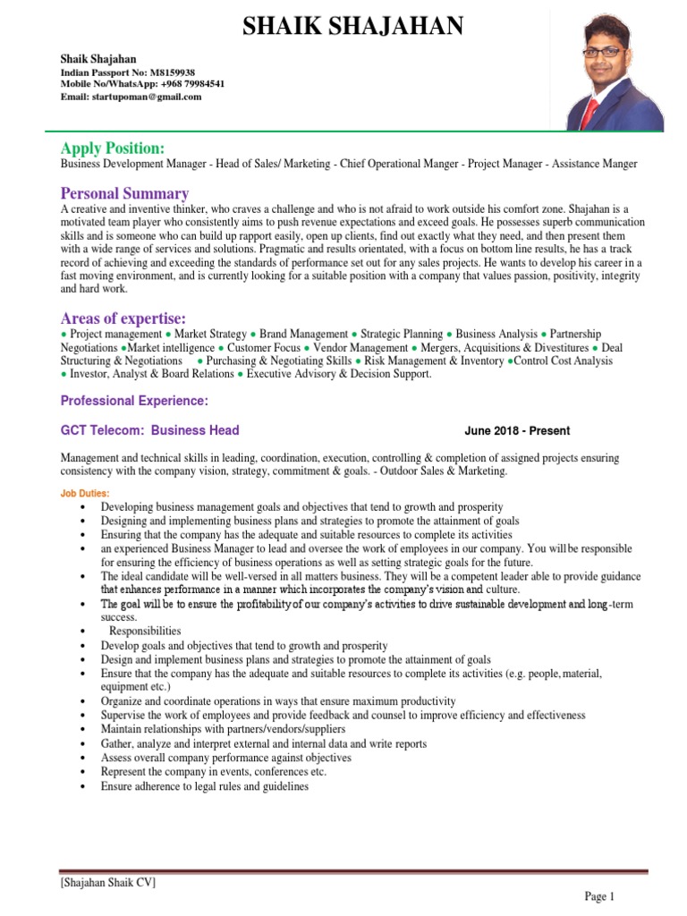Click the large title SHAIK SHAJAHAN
tap(353, 28)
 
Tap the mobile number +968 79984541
tap(192, 84)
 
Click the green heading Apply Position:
tap(112, 148)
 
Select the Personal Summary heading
tap(124, 194)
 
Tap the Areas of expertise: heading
tap(123, 319)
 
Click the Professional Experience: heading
tap(134, 401)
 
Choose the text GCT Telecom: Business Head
tap(149, 430)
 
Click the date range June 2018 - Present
tap(517, 430)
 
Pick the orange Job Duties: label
tap(85, 493)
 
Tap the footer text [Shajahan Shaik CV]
tap(108, 883)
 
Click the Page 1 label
tap(599, 896)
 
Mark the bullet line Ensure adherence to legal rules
tap(204, 786)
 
